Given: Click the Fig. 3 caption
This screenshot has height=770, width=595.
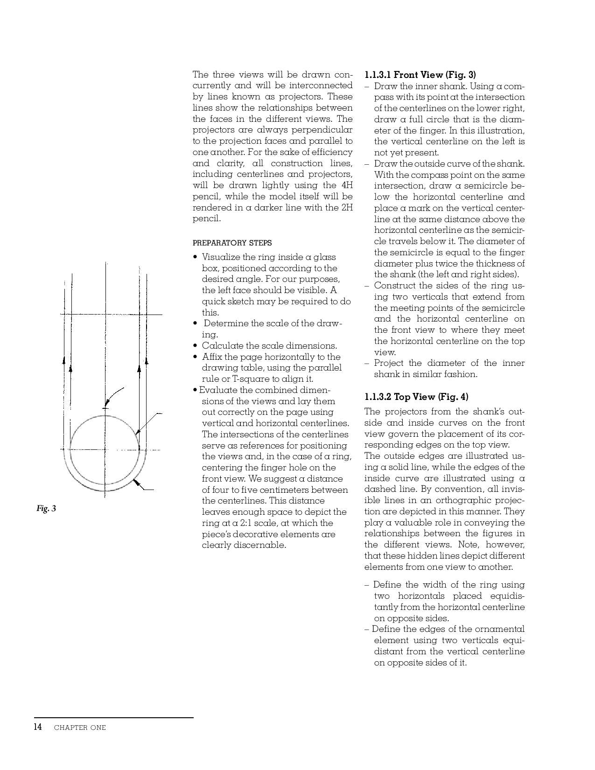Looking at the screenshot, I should point(46,508).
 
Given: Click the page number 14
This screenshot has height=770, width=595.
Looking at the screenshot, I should point(38,727).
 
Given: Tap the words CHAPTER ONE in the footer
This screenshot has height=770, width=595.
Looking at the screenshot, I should point(80,727).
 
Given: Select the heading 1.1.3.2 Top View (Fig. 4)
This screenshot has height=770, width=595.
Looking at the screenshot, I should point(416,397).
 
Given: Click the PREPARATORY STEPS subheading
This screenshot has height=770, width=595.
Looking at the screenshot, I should point(232,243).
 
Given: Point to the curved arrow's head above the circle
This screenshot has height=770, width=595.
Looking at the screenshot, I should point(107,404).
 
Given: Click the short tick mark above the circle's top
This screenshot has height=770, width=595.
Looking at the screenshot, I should point(105,409).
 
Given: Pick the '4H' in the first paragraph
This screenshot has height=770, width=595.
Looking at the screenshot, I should point(347,185).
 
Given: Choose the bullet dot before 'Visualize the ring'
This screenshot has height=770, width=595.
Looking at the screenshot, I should point(196,257).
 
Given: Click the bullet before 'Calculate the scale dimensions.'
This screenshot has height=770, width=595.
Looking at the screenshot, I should point(196,346).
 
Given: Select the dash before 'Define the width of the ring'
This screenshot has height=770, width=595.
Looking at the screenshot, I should point(367,585).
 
